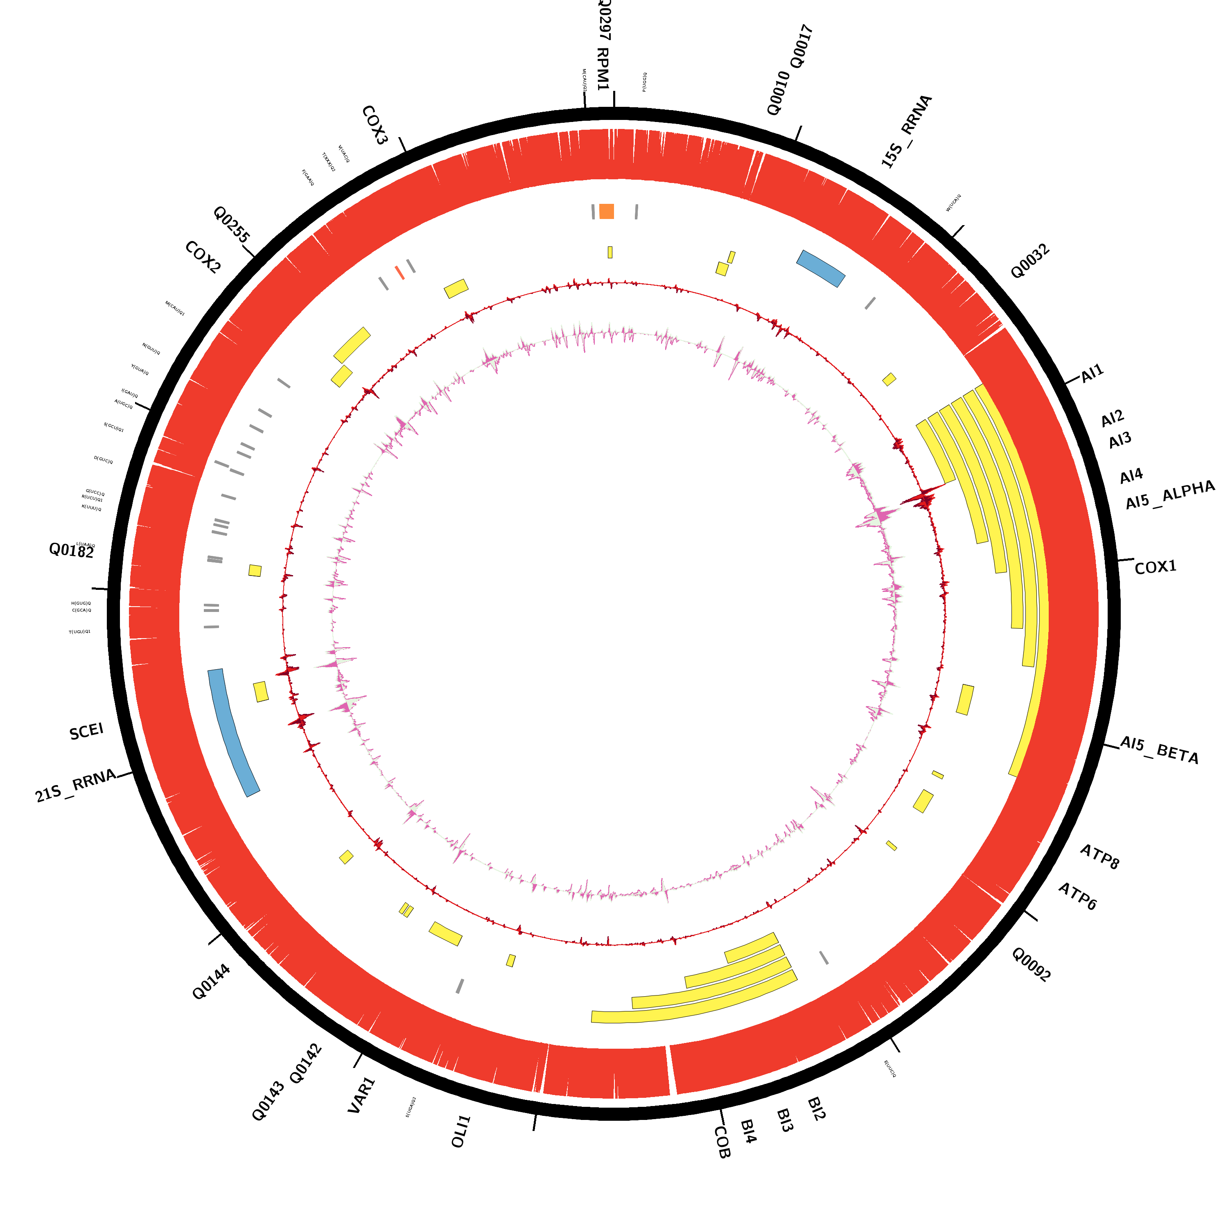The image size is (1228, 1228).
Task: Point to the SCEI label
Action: point(86,731)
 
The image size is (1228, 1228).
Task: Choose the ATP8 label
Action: point(1099,857)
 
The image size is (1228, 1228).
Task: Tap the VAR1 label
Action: point(362,1095)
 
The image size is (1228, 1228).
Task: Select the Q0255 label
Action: point(231,224)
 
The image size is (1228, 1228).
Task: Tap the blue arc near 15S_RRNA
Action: point(821,268)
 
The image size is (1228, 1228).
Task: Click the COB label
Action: point(722,1142)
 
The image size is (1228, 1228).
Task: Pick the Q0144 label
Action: point(211,982)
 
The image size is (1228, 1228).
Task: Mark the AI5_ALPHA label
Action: point(1169,495)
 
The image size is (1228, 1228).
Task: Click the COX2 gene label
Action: point(203,257)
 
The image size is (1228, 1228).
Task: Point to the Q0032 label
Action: point(1030,261)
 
